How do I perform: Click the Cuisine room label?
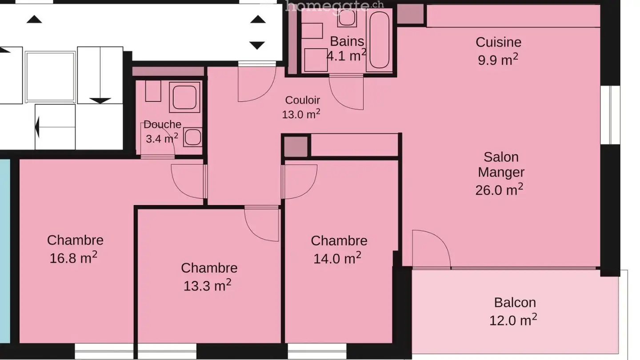point(498,42)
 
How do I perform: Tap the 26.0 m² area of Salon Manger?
point(499,190)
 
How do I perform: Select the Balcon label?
point(515,303)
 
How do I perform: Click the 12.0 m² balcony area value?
point(513,320)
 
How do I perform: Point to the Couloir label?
point(302,100)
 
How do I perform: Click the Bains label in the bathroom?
point(347,41)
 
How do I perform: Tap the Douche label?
point(162,125)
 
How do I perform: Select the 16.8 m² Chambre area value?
point(74,258)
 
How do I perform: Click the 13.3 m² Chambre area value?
point(207,285)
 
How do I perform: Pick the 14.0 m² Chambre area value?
point(337,258)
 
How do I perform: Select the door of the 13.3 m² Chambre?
point(263,224)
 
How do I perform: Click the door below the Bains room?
point(347,92)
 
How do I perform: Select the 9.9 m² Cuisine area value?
point(498,60)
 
